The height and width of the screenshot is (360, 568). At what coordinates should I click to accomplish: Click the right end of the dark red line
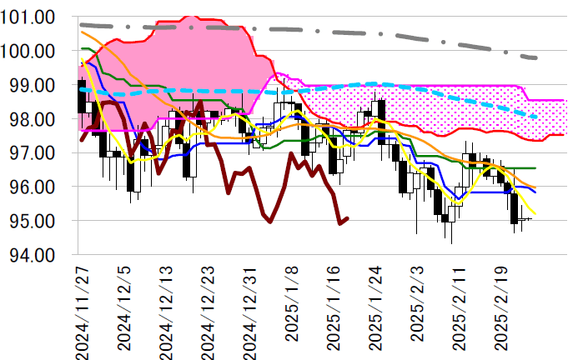pyautogui.click(x=348, y=218)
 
